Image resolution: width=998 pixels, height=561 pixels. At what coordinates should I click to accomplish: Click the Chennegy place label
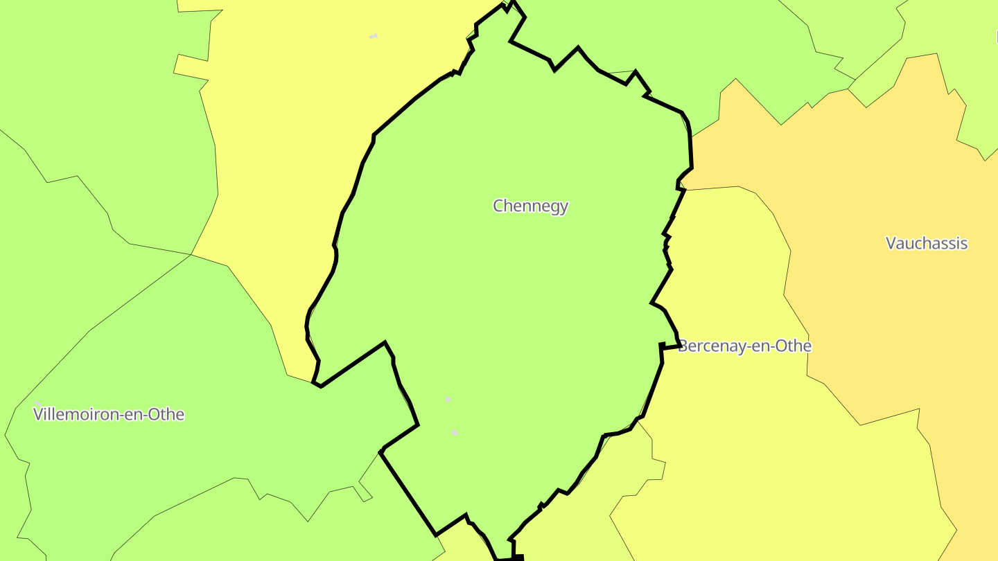pos(530,206)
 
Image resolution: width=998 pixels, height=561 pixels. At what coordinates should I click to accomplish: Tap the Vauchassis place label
pos(926,243)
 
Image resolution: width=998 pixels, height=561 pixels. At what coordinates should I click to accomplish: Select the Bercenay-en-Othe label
pos(744,346)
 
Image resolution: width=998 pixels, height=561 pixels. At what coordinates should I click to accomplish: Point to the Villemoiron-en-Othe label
pos(109,415)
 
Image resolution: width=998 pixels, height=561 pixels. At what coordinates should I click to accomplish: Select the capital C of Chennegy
pos(498,206)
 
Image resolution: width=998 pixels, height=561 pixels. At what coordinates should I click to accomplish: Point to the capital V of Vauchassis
pos(891,243)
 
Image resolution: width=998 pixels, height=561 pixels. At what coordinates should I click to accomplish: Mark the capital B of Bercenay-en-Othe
pos(683,346)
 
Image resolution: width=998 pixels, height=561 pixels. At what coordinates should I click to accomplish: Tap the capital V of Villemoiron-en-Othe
pos(38,415)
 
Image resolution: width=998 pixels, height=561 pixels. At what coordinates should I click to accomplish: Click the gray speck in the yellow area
pos(374,36)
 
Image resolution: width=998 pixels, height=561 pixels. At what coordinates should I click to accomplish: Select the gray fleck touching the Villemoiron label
pos(38,403)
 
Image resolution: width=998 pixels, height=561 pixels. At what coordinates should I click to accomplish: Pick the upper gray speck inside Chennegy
pos(448,399)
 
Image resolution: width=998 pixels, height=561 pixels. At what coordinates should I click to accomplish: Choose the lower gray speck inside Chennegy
pos(454,432)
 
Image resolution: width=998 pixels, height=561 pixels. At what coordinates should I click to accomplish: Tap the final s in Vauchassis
pos(964,244)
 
